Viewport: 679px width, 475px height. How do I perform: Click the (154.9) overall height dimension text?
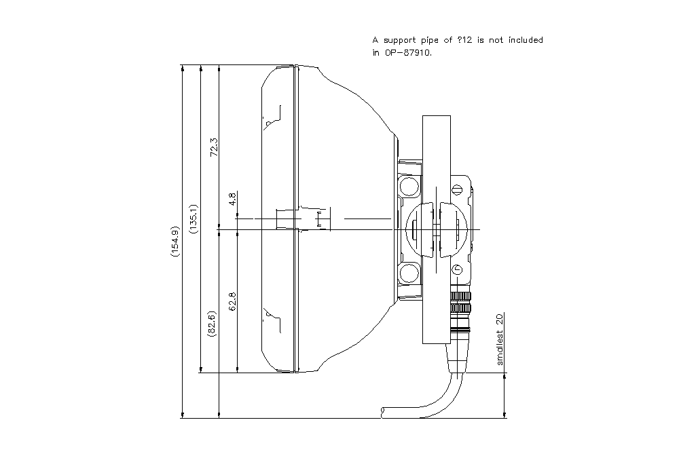tap(176, 242)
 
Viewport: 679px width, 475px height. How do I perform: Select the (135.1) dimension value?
tap(194, 218)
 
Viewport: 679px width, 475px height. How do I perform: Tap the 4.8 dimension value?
tap(232, 199)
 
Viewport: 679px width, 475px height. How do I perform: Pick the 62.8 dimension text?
tap(232, 301)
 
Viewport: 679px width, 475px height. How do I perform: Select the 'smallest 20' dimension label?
tap(500, 339)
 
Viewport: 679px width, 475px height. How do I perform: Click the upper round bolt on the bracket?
tap(409, 185)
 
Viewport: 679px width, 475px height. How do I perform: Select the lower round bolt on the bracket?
tap(409, 273)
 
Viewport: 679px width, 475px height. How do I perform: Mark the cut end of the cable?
tap(384, 411)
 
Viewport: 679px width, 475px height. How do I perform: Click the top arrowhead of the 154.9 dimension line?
tap(183, 69)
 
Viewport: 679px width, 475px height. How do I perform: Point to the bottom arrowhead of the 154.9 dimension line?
tap(183, 415)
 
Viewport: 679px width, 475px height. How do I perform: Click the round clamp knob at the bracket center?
tap(435, 230)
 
